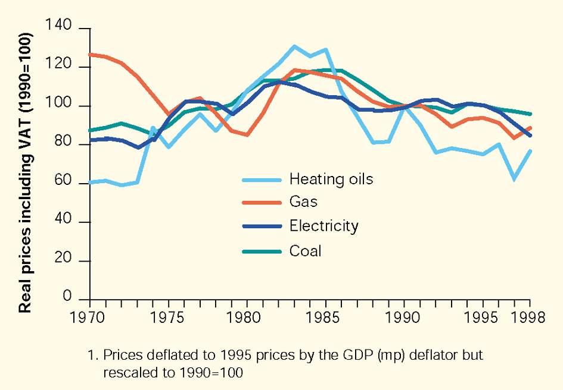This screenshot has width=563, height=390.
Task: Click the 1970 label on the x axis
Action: (89, 317)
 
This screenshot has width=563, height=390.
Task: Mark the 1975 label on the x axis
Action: (168, 317)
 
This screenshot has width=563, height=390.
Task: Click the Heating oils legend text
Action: (331, 179)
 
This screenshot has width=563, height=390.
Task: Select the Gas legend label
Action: (303, 202)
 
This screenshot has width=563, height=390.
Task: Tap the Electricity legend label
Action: (324, 226)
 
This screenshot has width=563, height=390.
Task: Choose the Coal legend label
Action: (305, 251)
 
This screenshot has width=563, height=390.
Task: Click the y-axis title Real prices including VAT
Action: (25, 172)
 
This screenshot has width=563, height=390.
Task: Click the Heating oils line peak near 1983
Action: (294, 46)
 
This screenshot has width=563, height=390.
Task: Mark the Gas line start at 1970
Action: (89, 54)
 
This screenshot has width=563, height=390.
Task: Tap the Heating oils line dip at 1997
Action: (513, 178)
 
